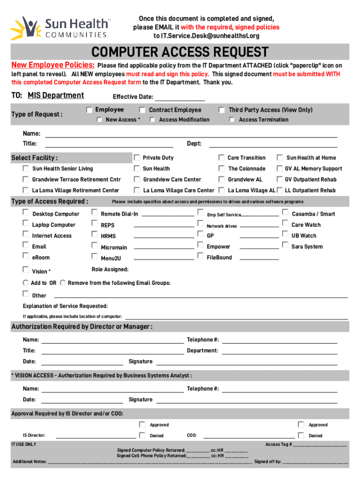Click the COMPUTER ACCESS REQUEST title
point(180,52)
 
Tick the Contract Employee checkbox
point(142,110)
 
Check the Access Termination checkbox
point(231,120)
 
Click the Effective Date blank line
point(180,97)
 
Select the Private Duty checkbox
point(137,158)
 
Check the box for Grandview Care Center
point(137,179)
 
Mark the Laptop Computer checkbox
point(26,224)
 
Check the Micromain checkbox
point(94,246)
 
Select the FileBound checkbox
point(201,256)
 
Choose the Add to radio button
point(26,283)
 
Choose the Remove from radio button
point(63,283)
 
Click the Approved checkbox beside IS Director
point(142,425)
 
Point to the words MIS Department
point(56,95)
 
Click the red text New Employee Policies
point(53,65)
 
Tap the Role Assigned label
point(110,269)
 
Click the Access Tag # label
point(279,444)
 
